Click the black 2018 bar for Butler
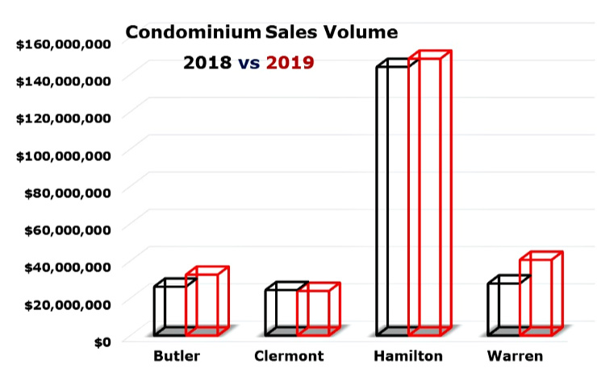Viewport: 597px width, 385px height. click(170, 310)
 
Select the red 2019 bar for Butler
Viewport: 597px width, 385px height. click(202, 304)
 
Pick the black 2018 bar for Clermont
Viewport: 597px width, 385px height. click(281, 312)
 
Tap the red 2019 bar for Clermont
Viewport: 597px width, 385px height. click(313, 312)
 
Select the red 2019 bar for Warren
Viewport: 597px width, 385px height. click(536, 296)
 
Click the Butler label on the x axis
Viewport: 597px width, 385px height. click(177, 355)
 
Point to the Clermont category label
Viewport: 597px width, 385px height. click(288, 355)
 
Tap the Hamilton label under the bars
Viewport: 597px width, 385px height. click(407, 355)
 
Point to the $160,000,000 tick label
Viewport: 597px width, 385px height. click(63, 43)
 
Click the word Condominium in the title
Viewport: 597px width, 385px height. click(191, 33)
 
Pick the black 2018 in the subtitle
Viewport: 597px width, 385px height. click(207, 62)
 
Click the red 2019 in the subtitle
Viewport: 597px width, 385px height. click(290, 62)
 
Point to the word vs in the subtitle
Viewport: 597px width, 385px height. click(248, 63)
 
